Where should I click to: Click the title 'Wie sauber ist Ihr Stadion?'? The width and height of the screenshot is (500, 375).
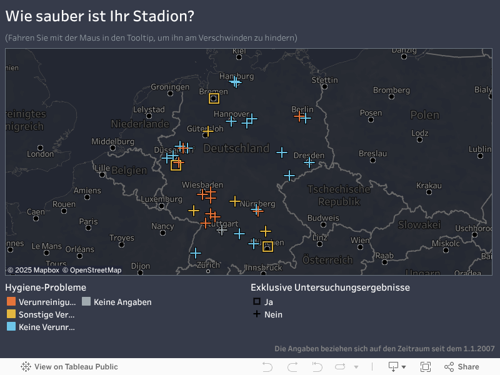coord(100,16)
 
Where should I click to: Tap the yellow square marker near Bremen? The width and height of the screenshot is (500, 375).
coord(214,98)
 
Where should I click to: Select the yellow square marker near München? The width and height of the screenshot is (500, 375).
coord(267,246)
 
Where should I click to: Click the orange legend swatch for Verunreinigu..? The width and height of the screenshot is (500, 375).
coord(11,302)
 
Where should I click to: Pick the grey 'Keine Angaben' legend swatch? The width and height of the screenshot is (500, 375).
coord(86,302)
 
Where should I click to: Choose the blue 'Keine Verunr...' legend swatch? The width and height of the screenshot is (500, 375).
coord(11,327)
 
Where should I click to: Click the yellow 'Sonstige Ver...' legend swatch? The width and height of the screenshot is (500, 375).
coord(11,314)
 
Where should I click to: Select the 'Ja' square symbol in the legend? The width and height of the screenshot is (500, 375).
coord(256,302)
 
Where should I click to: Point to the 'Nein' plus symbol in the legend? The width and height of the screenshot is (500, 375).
coord(256,314)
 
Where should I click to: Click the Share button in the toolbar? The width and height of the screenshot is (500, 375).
coord(462,367)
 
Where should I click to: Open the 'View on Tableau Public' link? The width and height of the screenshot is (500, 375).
coord(69,367)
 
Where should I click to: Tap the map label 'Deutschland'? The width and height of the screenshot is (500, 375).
coord(236,149)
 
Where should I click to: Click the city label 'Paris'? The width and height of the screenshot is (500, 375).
coord(89,221)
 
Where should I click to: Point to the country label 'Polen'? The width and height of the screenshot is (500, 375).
coord(425,115)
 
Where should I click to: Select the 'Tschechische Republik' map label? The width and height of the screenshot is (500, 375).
coord(339,195)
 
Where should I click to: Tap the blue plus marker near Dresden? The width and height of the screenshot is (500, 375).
coord(309,162)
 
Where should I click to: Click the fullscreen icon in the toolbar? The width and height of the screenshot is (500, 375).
coord(426,367)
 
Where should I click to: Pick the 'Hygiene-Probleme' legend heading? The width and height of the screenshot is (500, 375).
coord(46,287)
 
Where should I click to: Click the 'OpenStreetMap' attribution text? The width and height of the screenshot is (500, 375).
coord(96,270)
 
